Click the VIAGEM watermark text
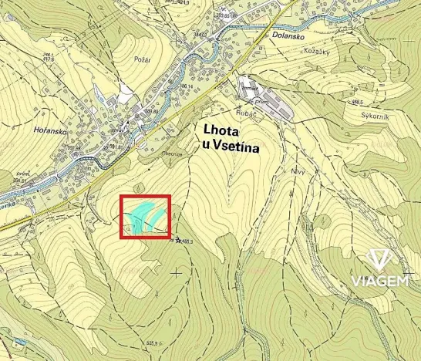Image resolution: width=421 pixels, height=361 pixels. [x=380, y=281]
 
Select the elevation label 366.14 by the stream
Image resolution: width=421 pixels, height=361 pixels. [x=187, y=86]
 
